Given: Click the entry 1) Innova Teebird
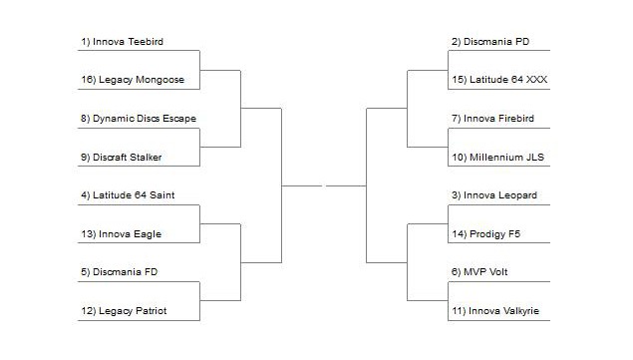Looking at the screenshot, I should pos(122,42).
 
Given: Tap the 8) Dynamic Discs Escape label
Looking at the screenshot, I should pos(139,119).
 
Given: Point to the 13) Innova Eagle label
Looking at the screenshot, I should pos(121,234).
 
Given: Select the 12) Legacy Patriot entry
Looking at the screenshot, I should pos(125,311).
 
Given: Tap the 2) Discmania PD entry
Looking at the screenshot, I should pos(489,42).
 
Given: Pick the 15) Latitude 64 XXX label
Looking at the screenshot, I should pos(498,80).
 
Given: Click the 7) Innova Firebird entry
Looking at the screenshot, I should pos(492,119).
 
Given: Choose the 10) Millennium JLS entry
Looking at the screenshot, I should pos(496,157).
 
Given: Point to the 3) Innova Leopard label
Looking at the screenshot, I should pos(493,195).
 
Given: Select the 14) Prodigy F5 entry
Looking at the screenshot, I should pos(485,234).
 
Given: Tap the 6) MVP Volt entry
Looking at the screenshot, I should pos(479,272).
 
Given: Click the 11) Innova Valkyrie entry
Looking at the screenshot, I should pos(494,311).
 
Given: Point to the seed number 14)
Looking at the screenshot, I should pos(458,234).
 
